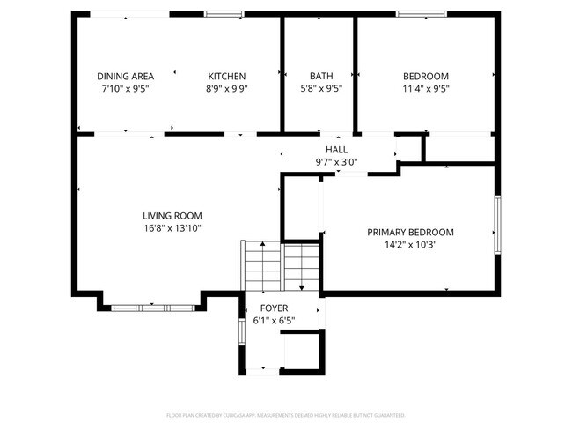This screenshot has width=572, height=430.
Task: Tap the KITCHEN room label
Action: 226,77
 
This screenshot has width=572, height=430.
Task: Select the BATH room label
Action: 320,77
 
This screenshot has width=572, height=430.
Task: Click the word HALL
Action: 336,150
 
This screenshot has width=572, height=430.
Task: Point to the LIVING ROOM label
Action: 172,216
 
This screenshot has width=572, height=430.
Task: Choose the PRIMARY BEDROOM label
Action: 410,233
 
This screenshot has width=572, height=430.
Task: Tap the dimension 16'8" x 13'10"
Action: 172,228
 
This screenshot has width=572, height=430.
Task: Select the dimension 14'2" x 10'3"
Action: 410,245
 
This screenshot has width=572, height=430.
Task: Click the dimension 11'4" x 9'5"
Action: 426,88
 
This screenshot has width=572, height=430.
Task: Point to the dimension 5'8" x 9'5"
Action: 320,88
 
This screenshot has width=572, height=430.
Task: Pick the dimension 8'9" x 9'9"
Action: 226,88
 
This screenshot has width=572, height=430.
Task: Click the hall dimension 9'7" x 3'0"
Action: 336,162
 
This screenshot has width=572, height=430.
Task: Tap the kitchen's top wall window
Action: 224,14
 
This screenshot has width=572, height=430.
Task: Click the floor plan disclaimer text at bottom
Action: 286,414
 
